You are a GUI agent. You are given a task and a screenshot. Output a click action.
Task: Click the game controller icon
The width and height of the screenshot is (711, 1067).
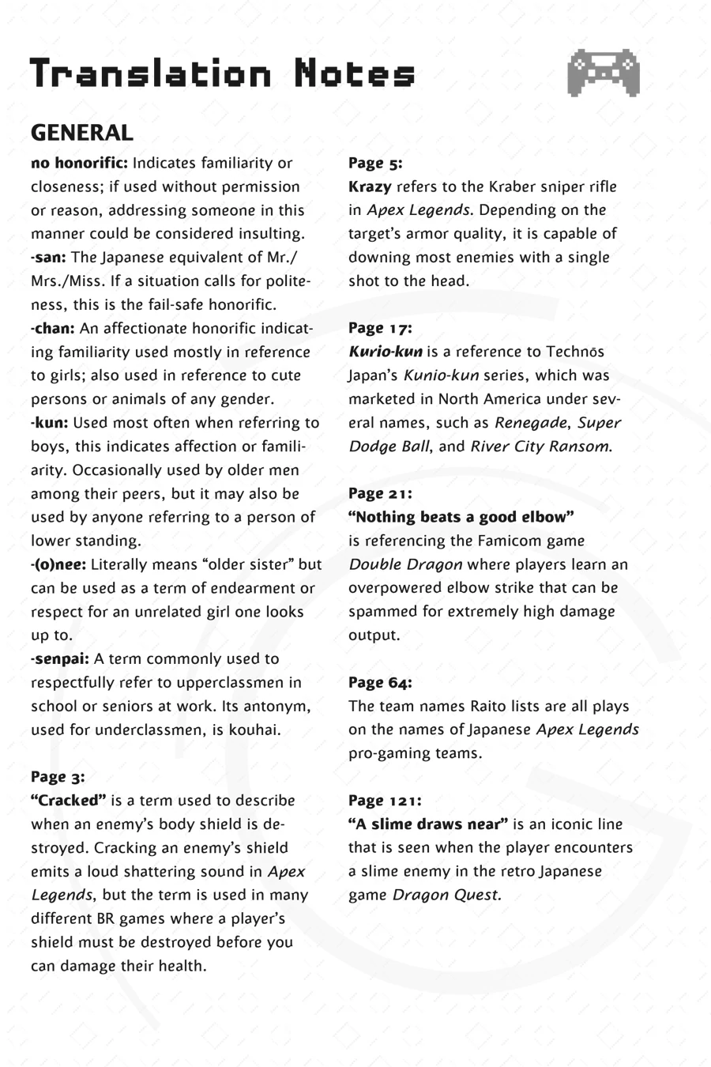pos(603,74)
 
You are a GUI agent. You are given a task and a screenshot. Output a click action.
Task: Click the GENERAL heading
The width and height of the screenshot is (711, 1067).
pos(81,133)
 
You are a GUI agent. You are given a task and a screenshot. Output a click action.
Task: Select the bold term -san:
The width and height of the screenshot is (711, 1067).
pos(49,258)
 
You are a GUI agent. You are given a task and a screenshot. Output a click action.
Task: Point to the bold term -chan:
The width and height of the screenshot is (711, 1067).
pos(53,328)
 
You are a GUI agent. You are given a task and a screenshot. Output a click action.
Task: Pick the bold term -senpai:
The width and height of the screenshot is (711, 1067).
pos(60,658)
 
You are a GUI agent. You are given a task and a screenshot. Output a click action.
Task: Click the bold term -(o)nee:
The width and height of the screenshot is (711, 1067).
pos(60,564)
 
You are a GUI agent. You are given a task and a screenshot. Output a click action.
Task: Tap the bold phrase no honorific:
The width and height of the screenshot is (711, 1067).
pos(79,164)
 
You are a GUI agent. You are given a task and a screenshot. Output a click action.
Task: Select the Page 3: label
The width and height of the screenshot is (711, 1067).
pos(58,776)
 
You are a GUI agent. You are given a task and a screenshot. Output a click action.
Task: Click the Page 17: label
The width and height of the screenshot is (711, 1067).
pos(380,327)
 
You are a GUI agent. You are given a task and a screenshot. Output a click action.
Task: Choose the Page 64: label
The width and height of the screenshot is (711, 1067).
pos(380,682)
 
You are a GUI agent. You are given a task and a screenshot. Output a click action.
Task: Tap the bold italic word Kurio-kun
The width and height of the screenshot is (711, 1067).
pos(386,352)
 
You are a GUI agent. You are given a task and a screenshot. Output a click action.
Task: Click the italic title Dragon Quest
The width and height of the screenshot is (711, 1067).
pos(446,895)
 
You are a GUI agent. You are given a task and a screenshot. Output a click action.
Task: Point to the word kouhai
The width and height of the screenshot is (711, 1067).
pos(254,730)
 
